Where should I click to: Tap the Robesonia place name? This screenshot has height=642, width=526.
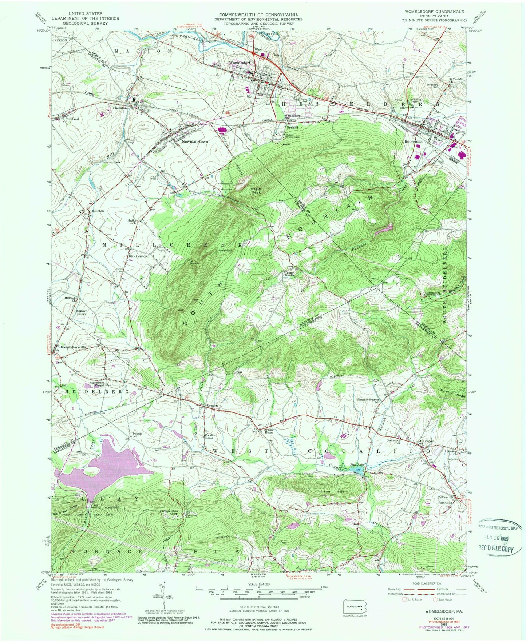(413, 141)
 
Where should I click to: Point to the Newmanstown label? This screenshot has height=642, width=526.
(195, 141)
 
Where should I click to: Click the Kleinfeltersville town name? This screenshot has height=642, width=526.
(73, 347)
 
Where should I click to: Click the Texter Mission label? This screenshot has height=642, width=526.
(289, 274)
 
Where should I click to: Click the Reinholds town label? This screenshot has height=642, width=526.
(444, 503)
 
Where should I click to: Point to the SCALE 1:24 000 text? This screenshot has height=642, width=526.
(259, 587)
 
